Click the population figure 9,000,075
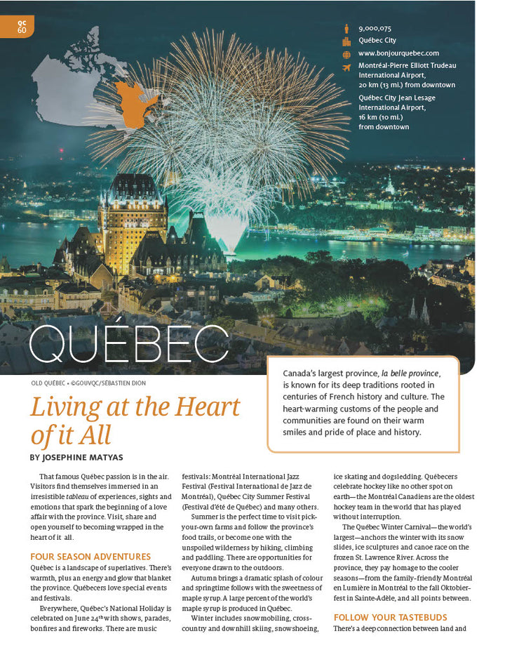[x=375, y=29]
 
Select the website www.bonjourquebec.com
[x=398, y=53]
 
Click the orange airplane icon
[x=346, y=67]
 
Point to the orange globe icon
[x=346, y=54]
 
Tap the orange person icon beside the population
[x=346, y=29]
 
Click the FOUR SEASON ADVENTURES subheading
[x=90, y=557]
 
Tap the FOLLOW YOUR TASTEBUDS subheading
[x=399, y=618]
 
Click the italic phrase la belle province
[x=410, y=372]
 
